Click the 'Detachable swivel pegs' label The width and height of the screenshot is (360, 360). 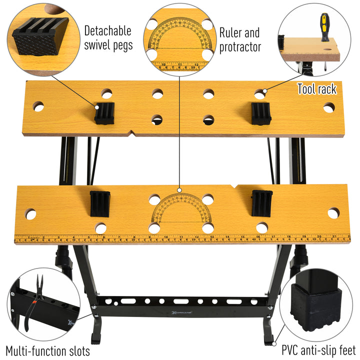coord(108,37)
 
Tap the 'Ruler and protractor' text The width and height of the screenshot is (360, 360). coord(239,39)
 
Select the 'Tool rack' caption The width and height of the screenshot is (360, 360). coord(316,89)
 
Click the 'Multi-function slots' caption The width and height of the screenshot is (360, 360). coord(48,350)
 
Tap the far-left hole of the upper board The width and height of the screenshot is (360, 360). coord(38,106)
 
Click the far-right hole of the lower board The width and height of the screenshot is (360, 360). coord(333,212)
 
